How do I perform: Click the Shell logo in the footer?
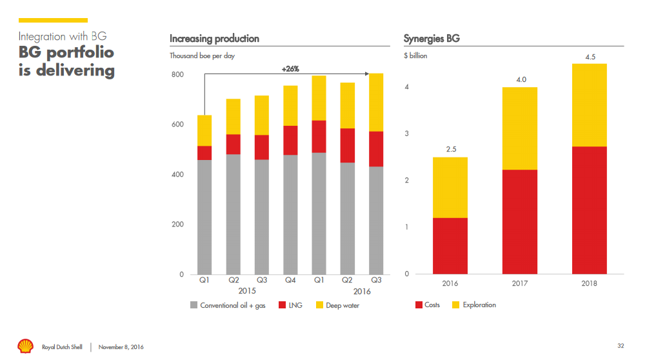(25, 346)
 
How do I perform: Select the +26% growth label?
(290, 68)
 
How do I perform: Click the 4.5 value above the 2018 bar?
(590, 57)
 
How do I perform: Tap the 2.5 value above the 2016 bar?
(450, 150)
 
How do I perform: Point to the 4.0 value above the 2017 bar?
(520, 79)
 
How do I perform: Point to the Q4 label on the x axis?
(290, 281)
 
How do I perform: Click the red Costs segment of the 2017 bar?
(520, 222)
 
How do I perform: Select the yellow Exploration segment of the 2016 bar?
(450, 187)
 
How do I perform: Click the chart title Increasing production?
(214, 39)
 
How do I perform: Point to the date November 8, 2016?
(121, 347)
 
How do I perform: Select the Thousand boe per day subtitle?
(202, 56)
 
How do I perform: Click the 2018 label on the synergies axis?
(590, 283)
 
